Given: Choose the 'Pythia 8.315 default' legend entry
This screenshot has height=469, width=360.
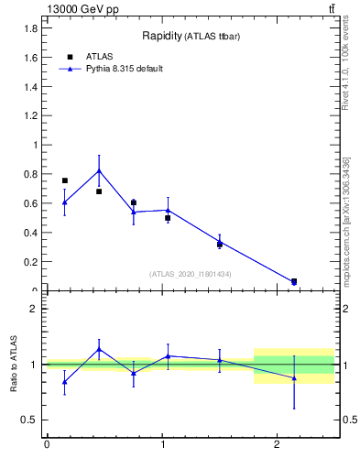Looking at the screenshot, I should pos(111,69).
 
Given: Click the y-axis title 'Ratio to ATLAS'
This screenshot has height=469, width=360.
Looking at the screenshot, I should pos(14,365).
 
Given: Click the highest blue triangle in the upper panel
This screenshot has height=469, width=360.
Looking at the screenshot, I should pos(99,170).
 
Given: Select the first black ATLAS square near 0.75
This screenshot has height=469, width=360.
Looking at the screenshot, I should pos(64,180).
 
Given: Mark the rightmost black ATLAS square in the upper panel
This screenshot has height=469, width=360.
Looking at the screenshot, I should pos(294,281).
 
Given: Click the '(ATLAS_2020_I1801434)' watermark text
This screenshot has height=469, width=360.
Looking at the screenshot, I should pos(191,274).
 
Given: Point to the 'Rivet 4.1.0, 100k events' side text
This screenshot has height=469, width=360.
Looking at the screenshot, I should pos(345,65).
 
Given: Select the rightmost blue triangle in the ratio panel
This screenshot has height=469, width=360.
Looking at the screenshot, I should pos(294,377).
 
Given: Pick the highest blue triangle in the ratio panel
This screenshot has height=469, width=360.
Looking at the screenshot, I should pos(99,349).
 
